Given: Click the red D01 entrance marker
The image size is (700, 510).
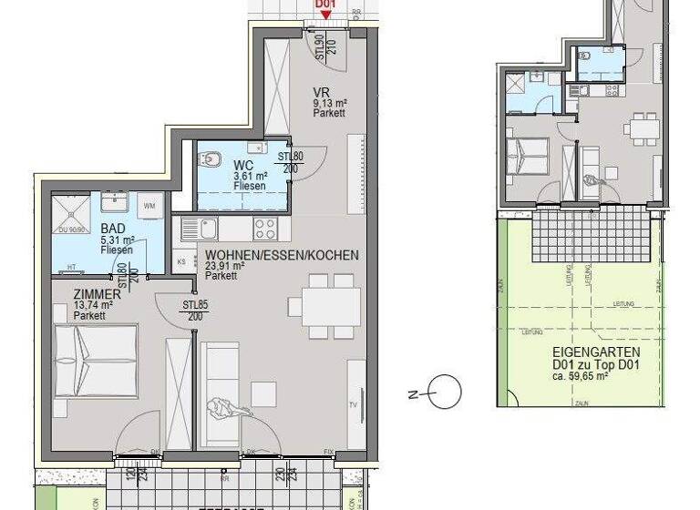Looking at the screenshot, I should (x=325, y=7).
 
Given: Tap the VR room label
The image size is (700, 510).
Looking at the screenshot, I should (x=320, y=93).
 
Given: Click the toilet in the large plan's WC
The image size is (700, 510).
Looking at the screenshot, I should (x=211, y=160).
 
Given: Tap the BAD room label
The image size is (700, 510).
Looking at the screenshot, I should (x=113, y=229).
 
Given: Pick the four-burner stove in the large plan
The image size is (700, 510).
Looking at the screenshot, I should (x=265, y=228).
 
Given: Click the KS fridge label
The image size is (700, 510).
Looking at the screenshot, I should (x=180, y=261).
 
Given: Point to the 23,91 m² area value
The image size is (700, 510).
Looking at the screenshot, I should (x=226, y=266).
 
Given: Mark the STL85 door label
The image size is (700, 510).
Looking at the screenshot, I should (x=195, y=304).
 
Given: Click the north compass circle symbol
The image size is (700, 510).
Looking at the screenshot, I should (x=446, y=393).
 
